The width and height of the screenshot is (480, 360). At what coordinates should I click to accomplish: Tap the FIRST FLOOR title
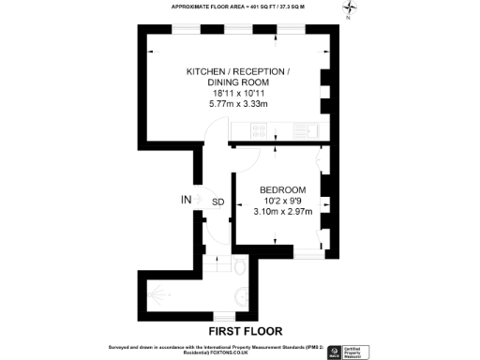244,331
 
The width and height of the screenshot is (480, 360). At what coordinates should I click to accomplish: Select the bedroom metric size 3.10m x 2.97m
280,212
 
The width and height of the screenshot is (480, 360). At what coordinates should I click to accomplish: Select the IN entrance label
187,199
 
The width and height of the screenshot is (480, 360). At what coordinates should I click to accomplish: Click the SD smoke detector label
217,202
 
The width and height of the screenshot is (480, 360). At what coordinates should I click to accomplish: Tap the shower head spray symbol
165,296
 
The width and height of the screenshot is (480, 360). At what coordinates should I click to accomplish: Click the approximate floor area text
238,7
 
